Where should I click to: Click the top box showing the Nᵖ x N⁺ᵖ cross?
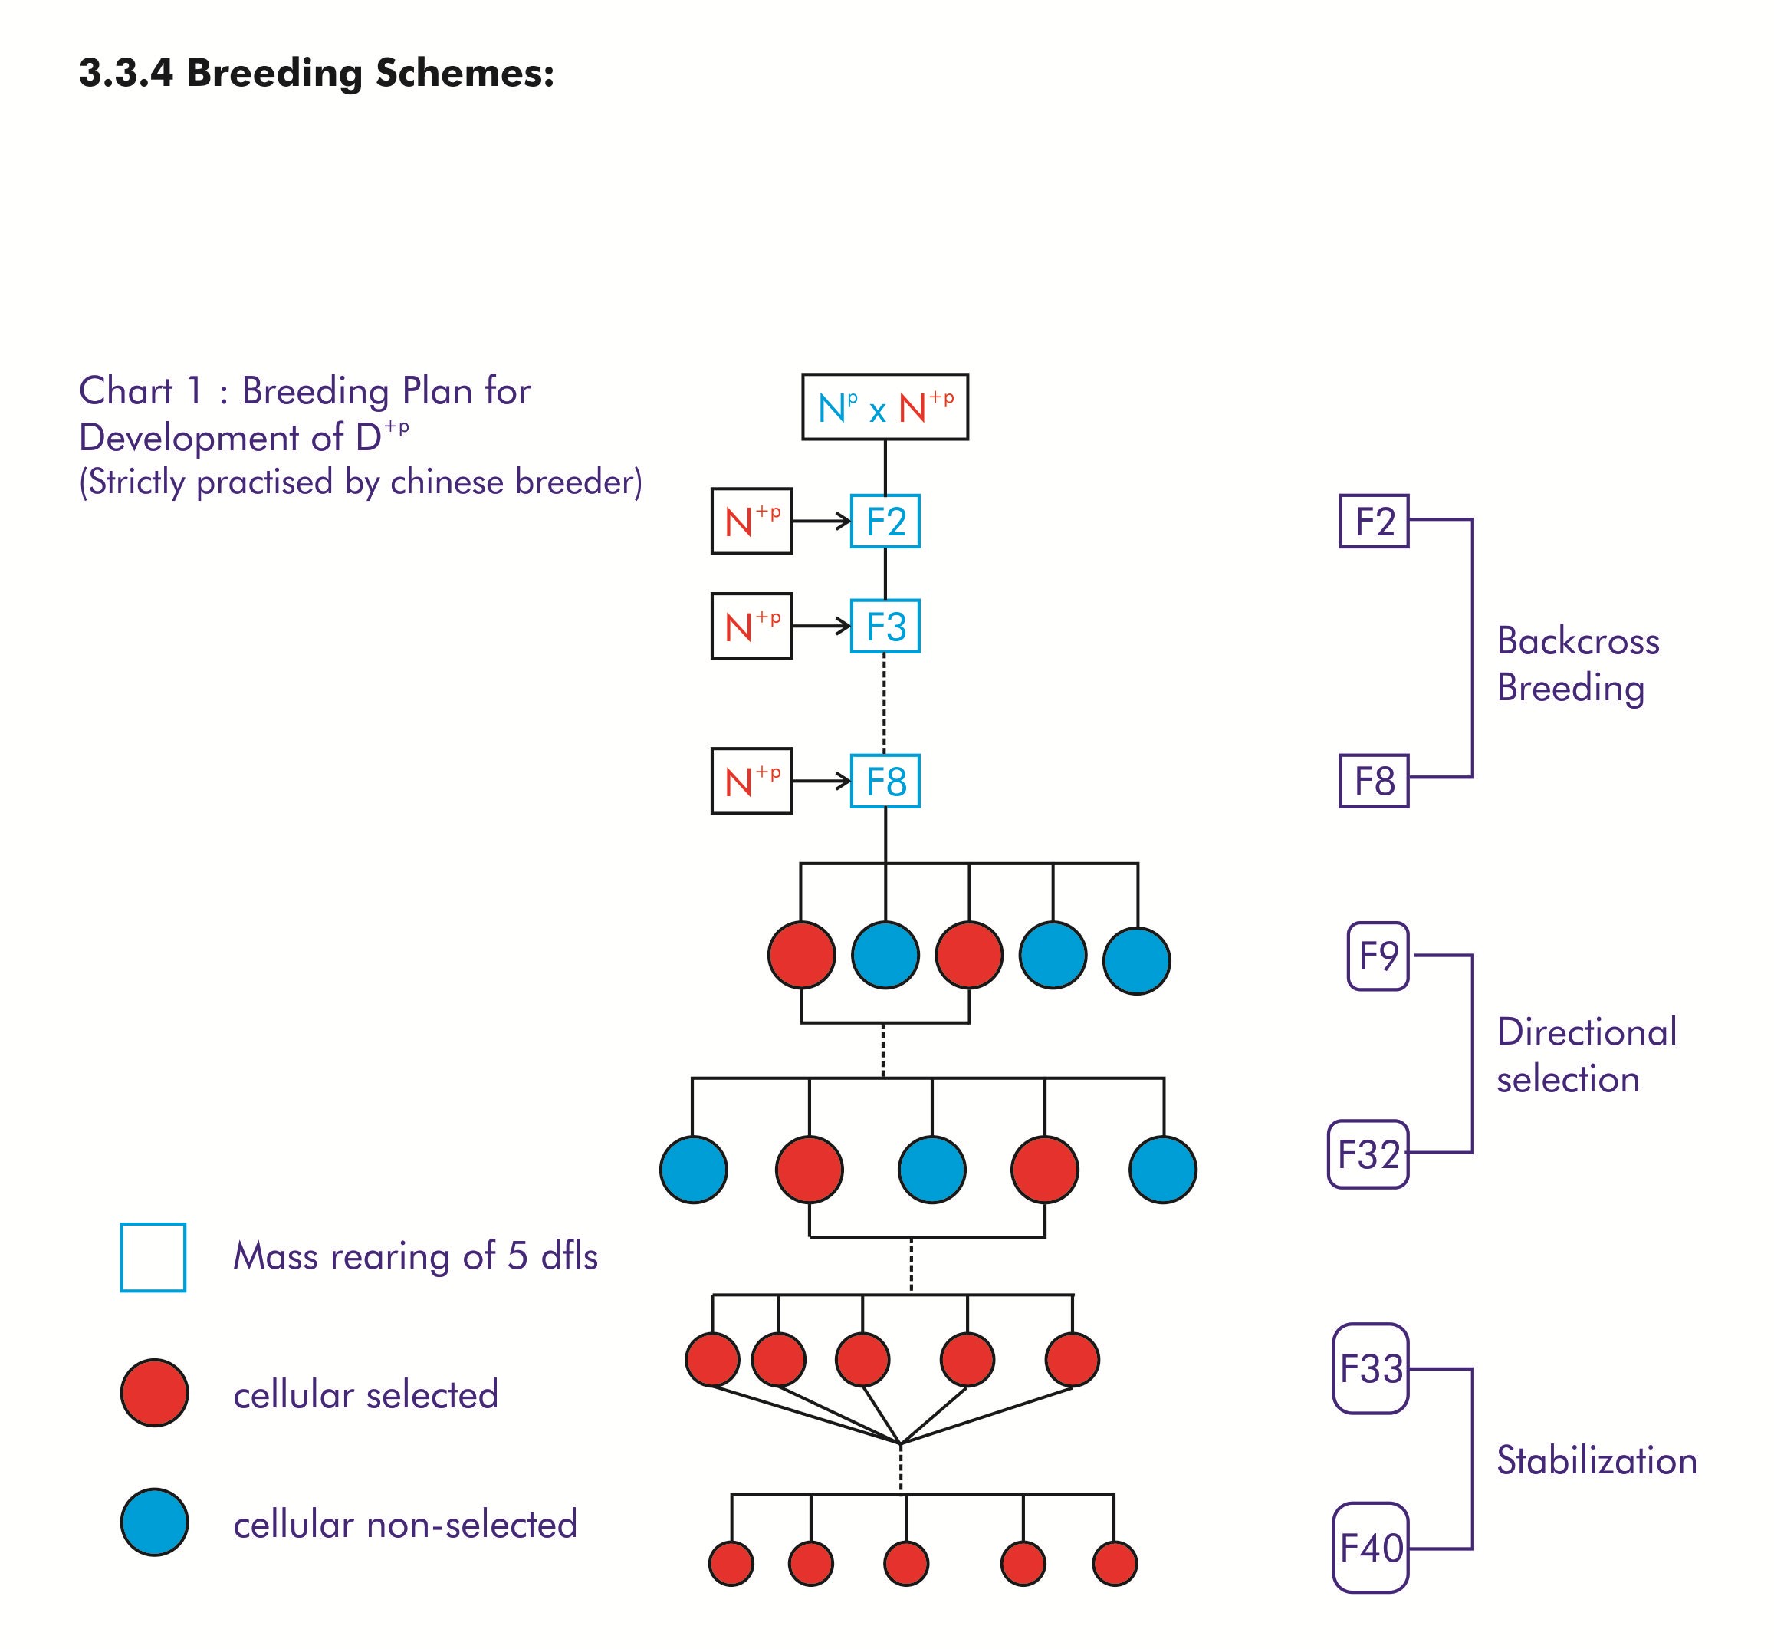(x=884, y=407)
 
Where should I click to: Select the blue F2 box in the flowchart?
(x=885, y=521)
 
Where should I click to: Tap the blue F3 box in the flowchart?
(x=885, y=627)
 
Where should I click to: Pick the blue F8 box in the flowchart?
(x=885, y=782)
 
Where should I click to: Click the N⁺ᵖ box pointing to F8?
(x=751, y=782)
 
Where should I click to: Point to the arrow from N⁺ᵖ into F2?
(x=821, y=521)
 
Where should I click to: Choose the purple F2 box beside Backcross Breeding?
(x=1374, y=521)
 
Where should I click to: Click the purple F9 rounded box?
(x=1377, y=956)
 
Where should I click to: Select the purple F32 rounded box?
(x=1368, y=1154)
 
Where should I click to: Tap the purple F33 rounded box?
(x=1370, y=1369)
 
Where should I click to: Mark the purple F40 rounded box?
(x=1370, y=1549)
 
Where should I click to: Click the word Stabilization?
(x=1595, y=1461)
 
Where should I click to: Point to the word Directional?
(x=1586, y=1032)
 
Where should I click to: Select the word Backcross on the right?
(x=1577, y=641)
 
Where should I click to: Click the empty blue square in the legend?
(x=153, y=1257)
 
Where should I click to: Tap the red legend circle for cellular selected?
(x=154, y=1393)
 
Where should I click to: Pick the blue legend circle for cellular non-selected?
(x=154, y=1522)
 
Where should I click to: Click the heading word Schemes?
(x=464, y=73)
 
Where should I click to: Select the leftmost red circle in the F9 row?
(x=801, y=955)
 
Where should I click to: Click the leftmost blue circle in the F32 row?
(x=693, y=1170)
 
